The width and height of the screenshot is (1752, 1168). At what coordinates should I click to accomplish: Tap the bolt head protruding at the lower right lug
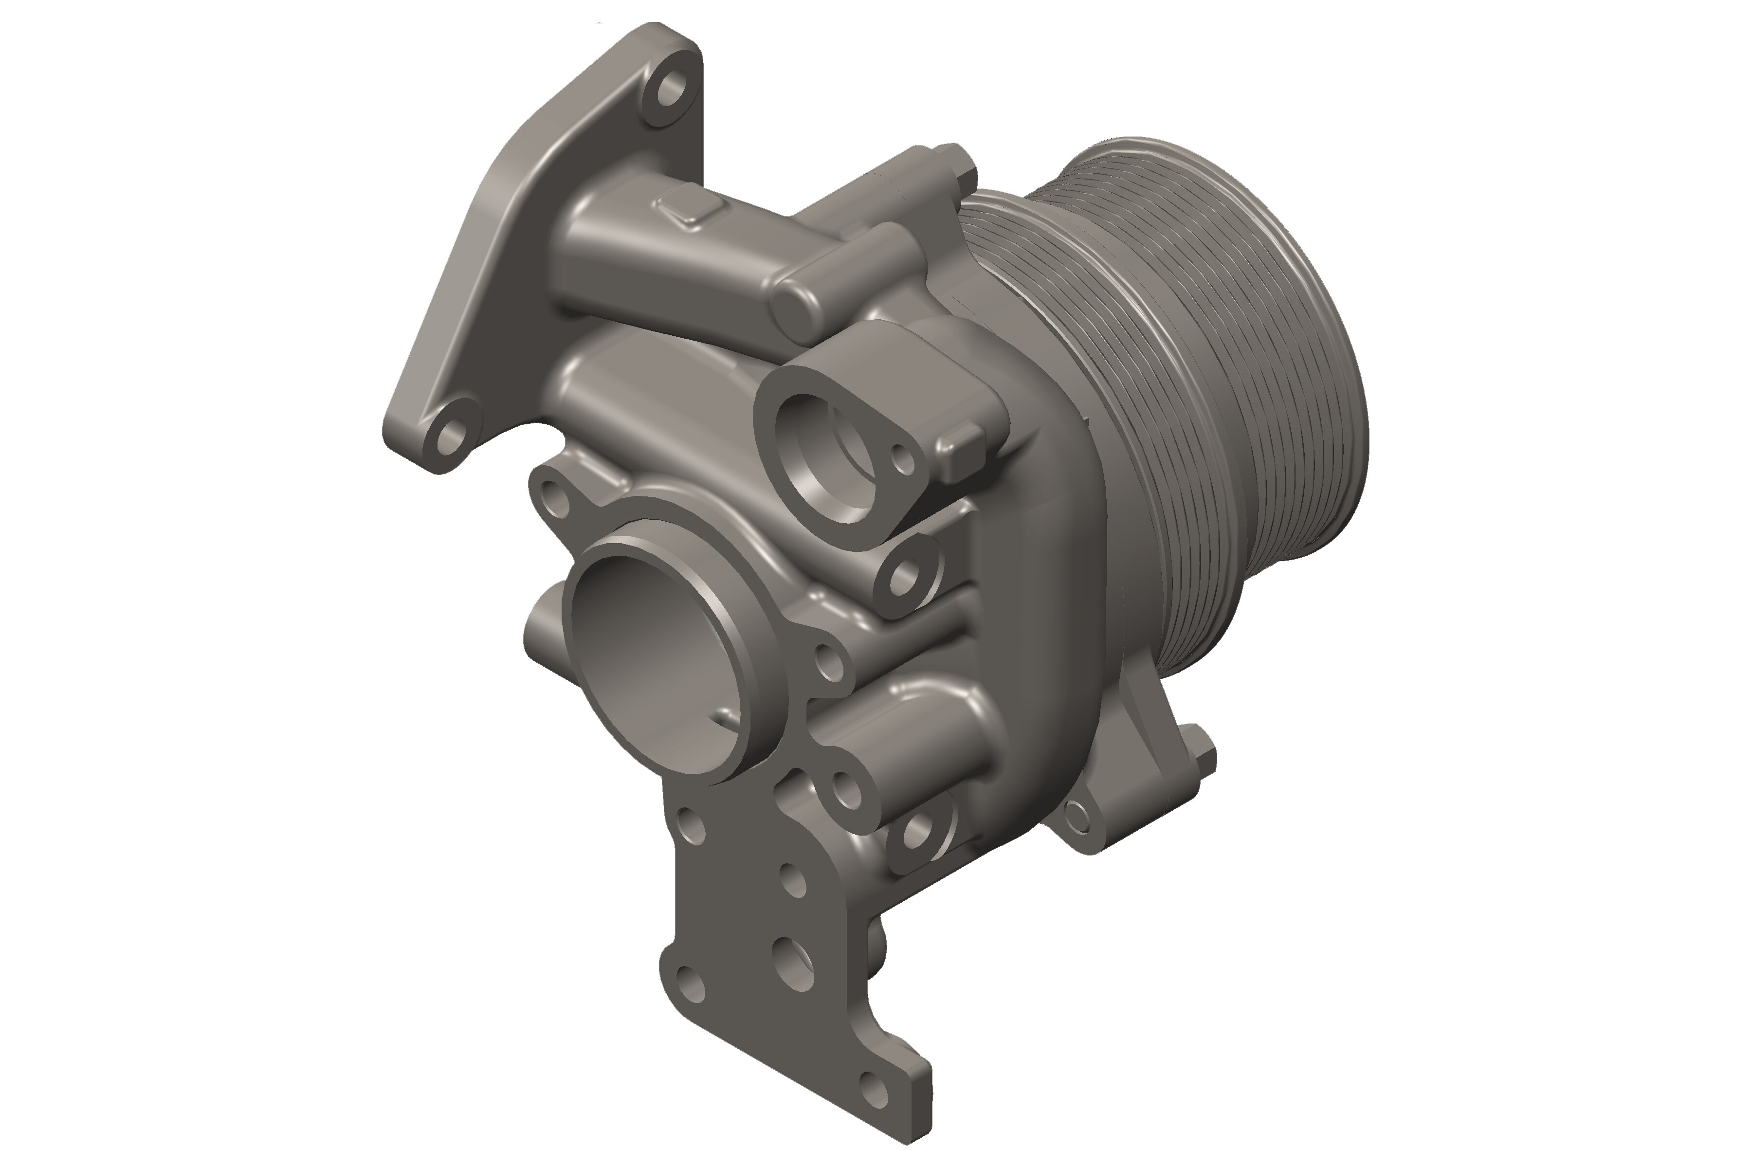[x=1200, y=756]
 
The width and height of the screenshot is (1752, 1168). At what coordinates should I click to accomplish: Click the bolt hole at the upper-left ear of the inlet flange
[x=553, y=495]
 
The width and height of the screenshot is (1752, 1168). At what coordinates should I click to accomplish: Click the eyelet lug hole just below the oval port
[x=905, y=574]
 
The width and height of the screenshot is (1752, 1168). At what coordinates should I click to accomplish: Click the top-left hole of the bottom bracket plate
[x=691, y=823]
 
